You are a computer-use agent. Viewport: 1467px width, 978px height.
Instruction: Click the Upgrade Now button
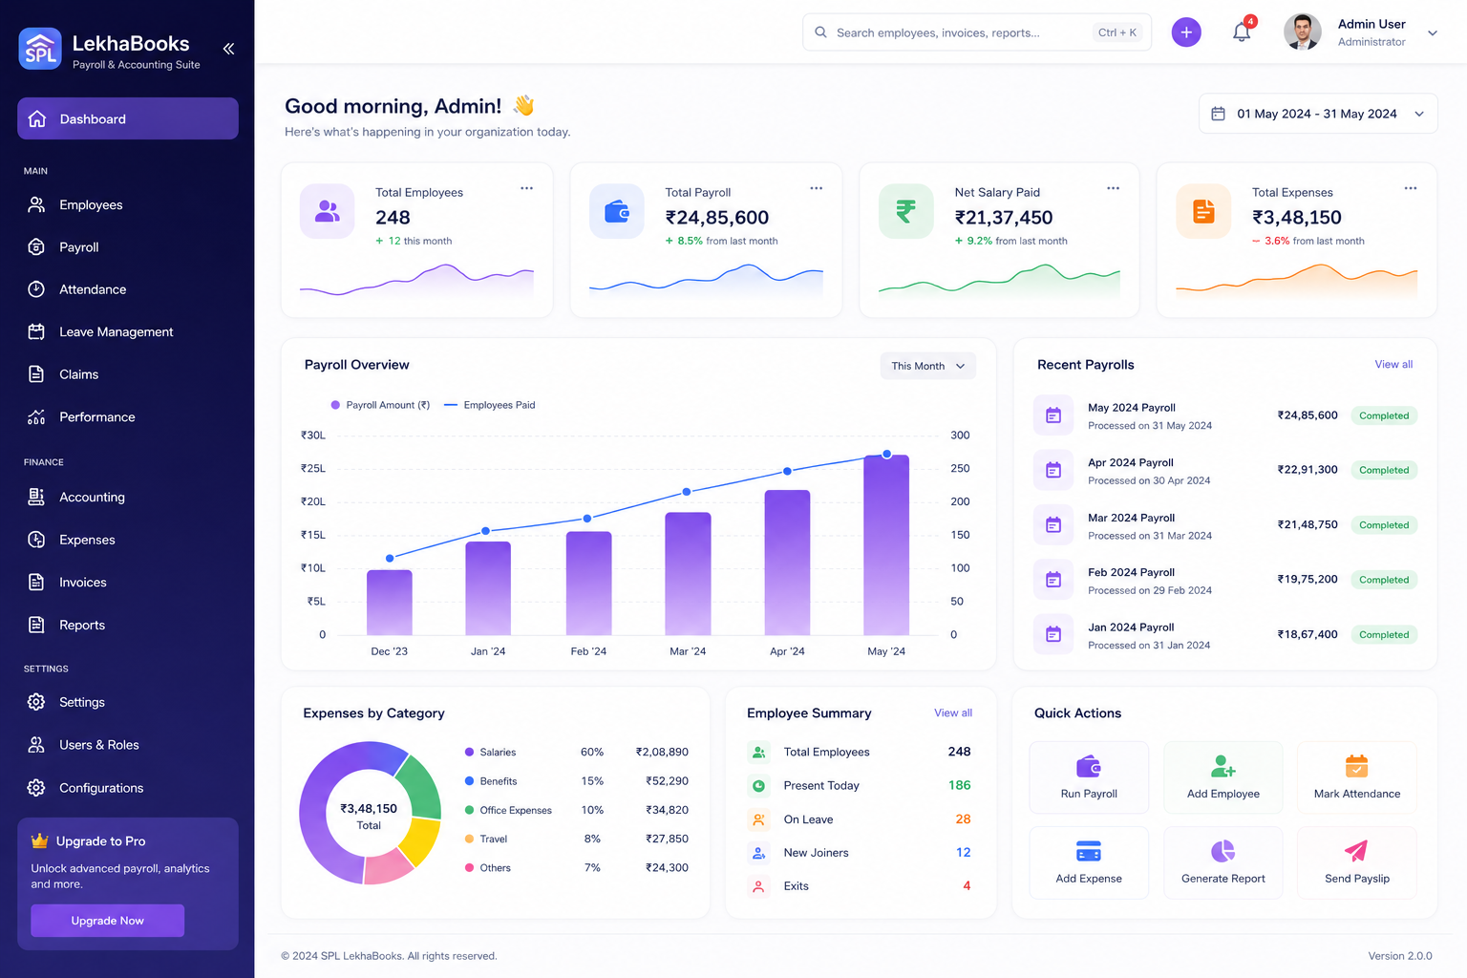click(x=107, y=920)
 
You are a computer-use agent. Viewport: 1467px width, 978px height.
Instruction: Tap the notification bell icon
click(x=1241, y=32)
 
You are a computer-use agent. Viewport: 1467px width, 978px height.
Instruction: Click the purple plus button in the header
click(x=1186, y=32)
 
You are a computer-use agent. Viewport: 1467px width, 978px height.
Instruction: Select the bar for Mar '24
click(x=688, y=573)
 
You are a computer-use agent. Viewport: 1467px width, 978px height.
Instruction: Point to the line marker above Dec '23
click(x=390, y=558)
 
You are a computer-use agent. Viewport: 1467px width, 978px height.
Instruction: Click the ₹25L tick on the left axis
click(x=313, y=468)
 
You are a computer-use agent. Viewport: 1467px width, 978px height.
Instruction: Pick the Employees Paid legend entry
click(x=490, y=405)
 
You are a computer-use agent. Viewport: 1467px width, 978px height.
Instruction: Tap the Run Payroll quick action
click(x=1089, y=777)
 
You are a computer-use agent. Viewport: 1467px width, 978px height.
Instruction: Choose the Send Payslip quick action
click(x=1357, y=862)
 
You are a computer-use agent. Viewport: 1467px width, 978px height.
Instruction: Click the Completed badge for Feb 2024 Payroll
click(x=1384, y=579)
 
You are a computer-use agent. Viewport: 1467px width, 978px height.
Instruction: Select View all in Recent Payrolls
click(x=1393, y=364)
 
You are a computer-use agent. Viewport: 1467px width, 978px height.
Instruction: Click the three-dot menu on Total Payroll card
click(x=816, y=188)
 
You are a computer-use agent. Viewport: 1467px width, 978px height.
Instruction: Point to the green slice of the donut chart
click(x=420, y=788)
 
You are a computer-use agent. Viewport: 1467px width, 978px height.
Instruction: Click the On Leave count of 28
click(x=963, y=819)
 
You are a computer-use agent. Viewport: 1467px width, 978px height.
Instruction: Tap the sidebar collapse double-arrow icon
click(x=228, y=49)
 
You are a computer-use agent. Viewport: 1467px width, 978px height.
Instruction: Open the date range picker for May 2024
click(x=1318, y=114)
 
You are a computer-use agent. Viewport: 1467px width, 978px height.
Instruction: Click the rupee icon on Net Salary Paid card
click(x=905, y=211)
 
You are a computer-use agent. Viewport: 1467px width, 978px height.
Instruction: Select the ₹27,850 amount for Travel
click(x=667, y=839)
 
